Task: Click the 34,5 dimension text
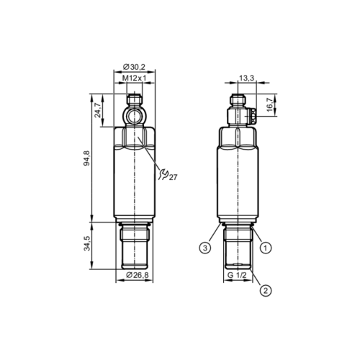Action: click(86, 245)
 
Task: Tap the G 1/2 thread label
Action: click(237, 276)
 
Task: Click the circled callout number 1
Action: click(265, 248)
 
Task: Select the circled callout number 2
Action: click(265, 290)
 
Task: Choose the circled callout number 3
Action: click(205, 248)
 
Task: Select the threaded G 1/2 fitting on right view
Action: click(237, 248)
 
